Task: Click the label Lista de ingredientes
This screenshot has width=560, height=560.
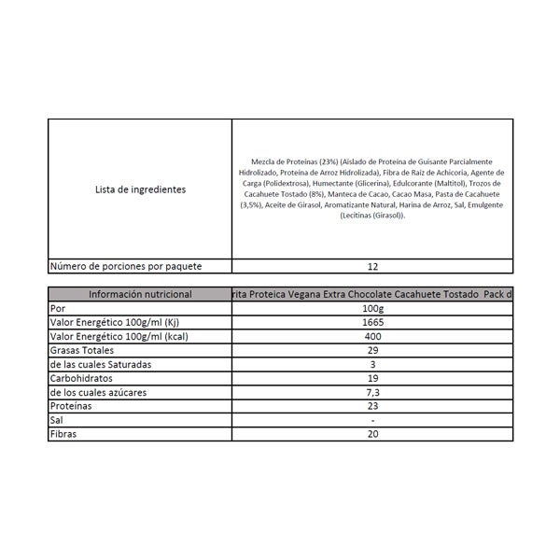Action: click(x=140, y=189)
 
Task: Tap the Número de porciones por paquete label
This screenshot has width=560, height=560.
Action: click(x=138, y=266)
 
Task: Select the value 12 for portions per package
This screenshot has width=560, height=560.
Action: click(x=372, y=266)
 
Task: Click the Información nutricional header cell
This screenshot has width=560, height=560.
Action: click(x=140, y=294)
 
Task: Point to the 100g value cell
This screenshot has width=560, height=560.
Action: click(x=372, y=308)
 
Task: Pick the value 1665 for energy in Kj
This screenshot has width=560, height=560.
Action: click(x=372, y=322)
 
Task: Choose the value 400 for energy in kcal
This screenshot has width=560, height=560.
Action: click(x=372, y=336)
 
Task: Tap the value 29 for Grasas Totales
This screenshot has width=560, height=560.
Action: click(x=372, y=350)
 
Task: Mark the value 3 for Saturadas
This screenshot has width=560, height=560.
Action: click(x=372, y=364)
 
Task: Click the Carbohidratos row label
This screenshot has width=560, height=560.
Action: click(x=85, y=379)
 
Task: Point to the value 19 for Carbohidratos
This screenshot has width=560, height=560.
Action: click(x=372, y=379)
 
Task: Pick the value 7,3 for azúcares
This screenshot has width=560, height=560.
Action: click(x=372, y=393)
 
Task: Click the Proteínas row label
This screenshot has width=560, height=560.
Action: click(x=74, y=407)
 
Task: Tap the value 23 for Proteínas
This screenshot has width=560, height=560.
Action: click(x=372, y=407)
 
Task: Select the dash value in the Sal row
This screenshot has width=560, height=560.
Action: click(x=372, y=421)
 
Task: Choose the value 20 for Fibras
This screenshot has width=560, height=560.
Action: click(x=372, y=435)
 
